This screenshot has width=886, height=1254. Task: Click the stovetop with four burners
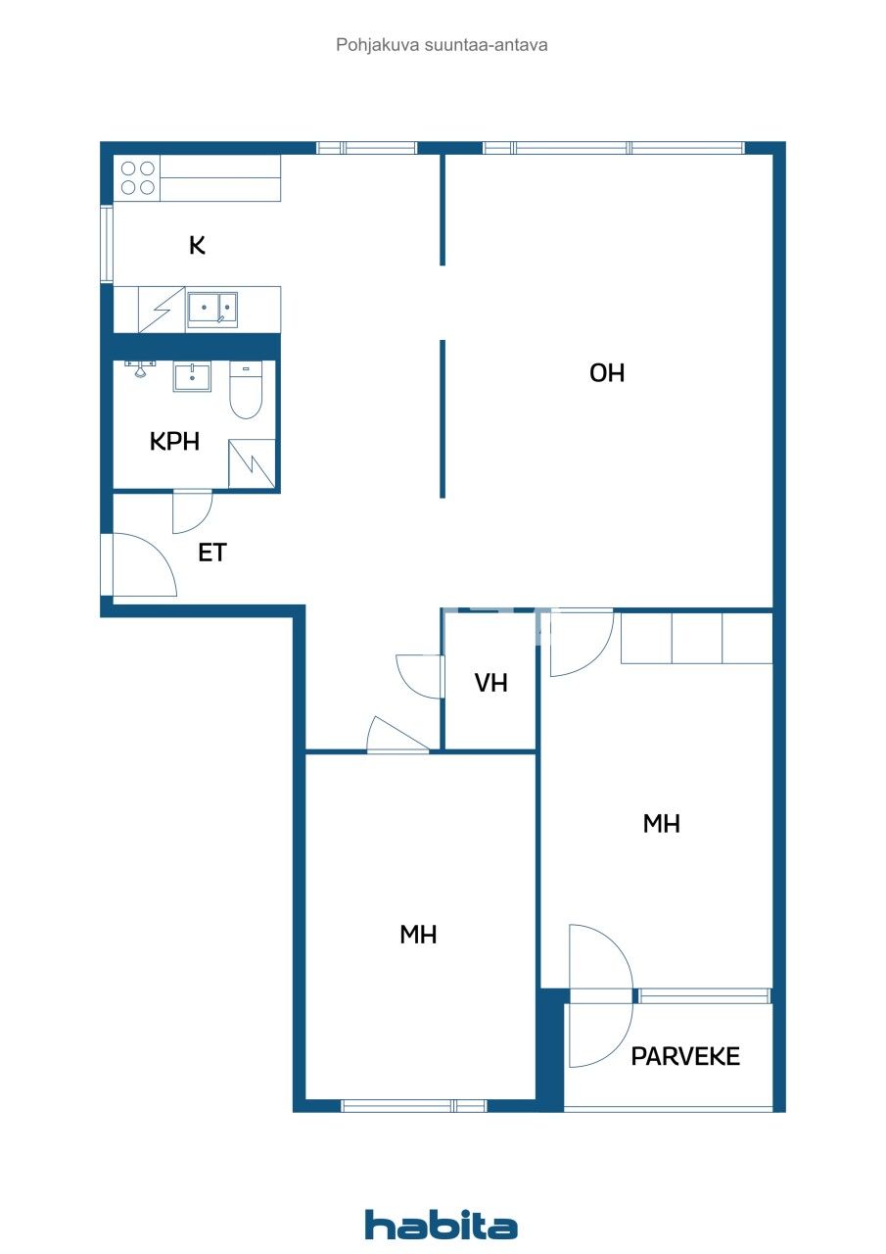(x=137, y=177)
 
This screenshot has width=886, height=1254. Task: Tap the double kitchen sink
(x=212, y=309)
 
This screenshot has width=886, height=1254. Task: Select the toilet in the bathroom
(x=246, y=390)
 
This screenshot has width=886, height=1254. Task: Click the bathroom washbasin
(x=192, y=376)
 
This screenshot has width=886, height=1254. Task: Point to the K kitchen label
(x=197, y=245)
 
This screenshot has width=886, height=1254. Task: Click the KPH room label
(x=174, y=442)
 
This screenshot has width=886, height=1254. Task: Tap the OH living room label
(x=607, y=373)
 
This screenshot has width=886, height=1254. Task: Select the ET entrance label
(x=212, y=553)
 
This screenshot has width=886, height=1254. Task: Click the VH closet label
(x=491, y=684)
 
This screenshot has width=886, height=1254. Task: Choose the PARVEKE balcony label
(x=685, y=1056)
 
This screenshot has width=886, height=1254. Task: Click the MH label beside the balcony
(x=662, y=825)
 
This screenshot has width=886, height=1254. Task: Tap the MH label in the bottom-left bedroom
(x=418, y=935)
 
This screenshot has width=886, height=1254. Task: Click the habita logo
(x=442, y=1225)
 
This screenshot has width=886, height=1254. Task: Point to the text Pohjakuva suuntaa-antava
(x=442, y=44)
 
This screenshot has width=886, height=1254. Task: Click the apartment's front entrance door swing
(x=142, y=566)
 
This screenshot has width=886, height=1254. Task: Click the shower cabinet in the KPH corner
(x=252, y=463)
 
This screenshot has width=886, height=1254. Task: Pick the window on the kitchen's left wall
(x=107, y=244)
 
